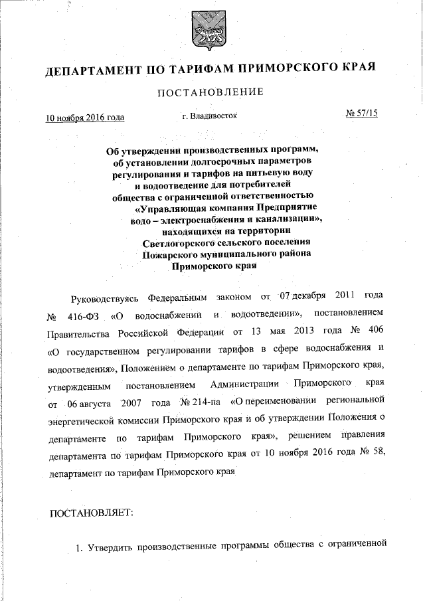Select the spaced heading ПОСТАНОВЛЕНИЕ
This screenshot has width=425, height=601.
211,92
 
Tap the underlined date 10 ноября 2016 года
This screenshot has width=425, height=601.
85,117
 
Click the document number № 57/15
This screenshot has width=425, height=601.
362,114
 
